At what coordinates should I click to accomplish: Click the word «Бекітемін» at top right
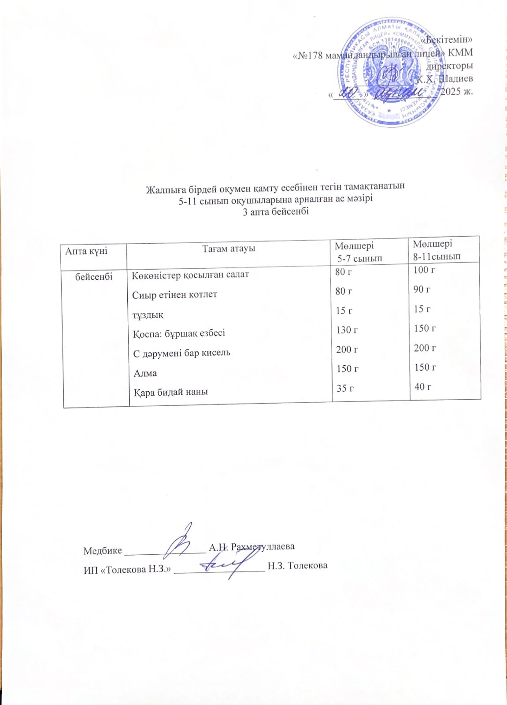coord(447,40)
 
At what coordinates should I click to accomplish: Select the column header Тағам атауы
coord(229,249)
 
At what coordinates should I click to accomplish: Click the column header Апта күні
coord(86,251)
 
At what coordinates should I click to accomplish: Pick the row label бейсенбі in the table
coord(94,276)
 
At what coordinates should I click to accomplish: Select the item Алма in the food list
coord(145,373)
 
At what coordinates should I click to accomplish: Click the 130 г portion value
coord(347,330)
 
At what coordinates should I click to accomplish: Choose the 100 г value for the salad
coord(424,270)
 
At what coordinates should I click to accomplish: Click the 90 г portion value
coord(422,289)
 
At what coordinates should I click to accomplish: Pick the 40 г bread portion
coord(422,386)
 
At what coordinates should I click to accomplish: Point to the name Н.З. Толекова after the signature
coord(297,565)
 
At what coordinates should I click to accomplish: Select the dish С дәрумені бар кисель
coord(181,352)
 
